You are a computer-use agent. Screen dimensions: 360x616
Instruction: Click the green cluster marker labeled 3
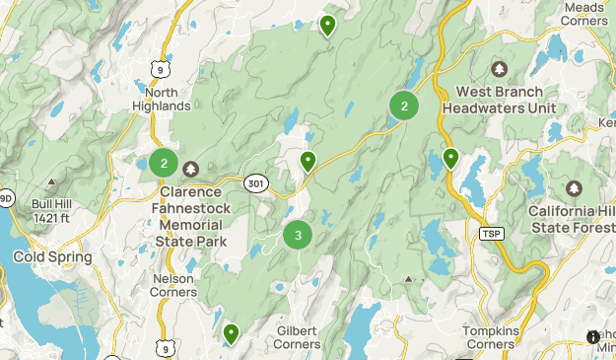[298, 236]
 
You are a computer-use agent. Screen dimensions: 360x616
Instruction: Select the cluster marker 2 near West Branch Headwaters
[404, 106]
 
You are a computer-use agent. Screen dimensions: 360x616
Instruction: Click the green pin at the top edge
[327, 25]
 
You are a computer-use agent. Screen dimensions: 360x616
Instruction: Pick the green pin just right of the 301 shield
[308, 161]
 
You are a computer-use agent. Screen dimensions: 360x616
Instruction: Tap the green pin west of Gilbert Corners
[231, 334]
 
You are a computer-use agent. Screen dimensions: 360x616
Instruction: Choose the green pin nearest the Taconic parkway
[450, 157]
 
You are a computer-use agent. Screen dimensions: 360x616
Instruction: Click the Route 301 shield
[255, 182]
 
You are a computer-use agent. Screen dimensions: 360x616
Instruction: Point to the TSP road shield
[491, 234]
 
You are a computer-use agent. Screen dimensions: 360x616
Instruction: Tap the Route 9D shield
[6, 197]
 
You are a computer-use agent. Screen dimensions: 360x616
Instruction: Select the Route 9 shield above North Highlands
[158, 67]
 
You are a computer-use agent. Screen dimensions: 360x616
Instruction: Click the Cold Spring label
[52, 257]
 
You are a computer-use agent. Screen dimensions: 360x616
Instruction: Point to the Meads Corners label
[584, 14]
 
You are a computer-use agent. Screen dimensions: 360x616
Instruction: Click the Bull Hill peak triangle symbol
[51, 182]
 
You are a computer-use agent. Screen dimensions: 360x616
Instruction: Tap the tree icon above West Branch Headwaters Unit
[499, 69]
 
